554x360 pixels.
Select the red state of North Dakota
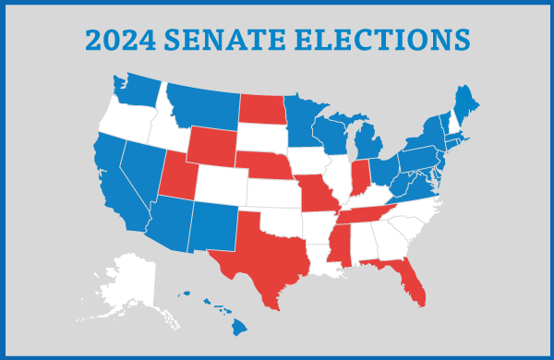tap(263, 109)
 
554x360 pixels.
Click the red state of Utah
tap(175, 175)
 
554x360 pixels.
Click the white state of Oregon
tap(125, 115)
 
